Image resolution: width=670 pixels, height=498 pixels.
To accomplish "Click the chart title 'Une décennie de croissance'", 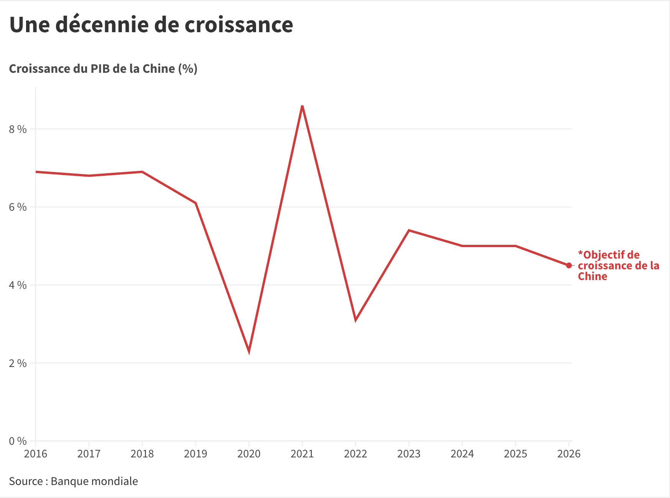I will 151,25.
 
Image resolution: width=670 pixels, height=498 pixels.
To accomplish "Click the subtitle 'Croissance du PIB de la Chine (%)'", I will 103,69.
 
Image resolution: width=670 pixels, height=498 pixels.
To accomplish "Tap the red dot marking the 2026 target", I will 569,265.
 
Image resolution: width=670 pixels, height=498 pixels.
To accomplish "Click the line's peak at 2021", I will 302,106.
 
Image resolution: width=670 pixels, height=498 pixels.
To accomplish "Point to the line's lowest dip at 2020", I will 249,351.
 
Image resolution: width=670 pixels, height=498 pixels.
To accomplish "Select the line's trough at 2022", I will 356,319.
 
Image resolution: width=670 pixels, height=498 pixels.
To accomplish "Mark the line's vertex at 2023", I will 409,230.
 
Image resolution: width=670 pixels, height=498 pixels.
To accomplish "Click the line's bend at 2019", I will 195,203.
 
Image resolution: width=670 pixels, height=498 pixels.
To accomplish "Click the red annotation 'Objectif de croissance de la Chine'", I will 618,265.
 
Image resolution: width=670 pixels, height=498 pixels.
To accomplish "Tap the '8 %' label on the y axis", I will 18,129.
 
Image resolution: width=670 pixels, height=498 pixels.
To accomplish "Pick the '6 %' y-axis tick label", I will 18,207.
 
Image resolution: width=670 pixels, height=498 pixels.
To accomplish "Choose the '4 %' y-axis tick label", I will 18,285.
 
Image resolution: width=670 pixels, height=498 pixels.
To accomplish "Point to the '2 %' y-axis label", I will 18,363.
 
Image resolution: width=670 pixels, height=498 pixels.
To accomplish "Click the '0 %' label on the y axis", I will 18,441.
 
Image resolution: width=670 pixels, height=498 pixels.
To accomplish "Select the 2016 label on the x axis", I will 36,454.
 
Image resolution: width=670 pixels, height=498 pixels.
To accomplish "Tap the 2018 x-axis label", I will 142,454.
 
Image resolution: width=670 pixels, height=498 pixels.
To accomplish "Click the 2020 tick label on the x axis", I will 249,454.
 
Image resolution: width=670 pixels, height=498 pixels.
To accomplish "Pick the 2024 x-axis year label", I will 462,454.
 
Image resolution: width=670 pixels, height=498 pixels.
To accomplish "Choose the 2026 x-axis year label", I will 569,454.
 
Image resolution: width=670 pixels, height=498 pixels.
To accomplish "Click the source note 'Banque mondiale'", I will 94,481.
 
